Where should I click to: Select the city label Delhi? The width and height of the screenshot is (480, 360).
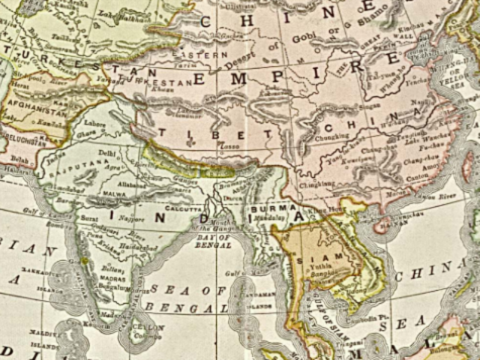(x=107, y=152)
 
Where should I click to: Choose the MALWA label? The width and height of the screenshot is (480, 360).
(x=113, y=193)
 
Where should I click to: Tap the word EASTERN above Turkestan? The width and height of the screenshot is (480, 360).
(x=200, y=55)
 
